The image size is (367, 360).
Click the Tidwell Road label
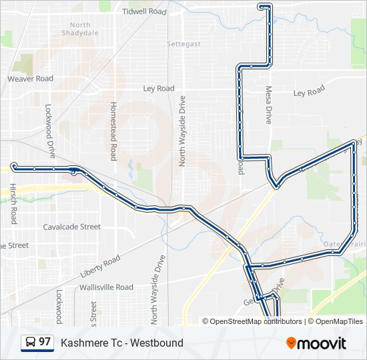(144, 12)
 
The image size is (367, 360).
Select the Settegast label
(183, 44)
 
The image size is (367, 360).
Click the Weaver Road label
(30, 79)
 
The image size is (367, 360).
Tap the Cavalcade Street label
(72, 227)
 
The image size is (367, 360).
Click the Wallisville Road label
(106, 287)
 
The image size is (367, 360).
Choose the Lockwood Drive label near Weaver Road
(49, 130)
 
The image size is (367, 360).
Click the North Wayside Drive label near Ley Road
(181, 131)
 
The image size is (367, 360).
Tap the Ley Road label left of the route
(159, 88)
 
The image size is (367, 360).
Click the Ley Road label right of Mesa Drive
(309, 91)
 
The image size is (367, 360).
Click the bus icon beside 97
(30, 342)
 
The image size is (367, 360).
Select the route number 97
(45, 342)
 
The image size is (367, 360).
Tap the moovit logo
(316, 343)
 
